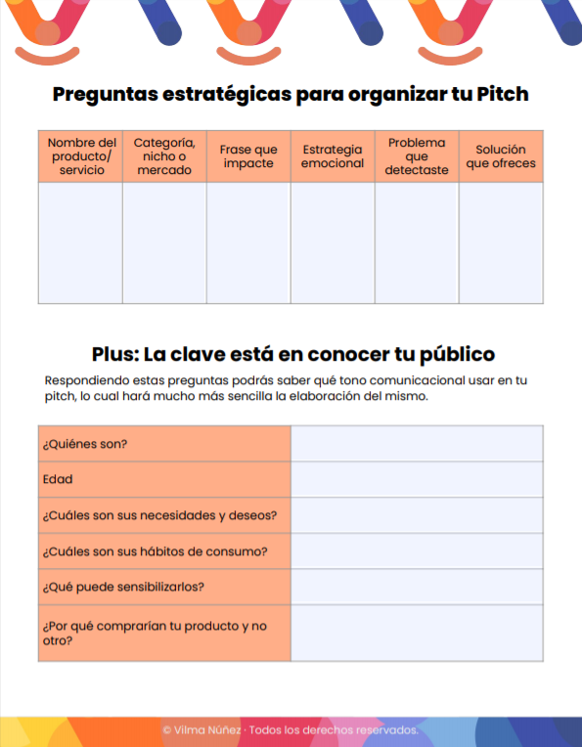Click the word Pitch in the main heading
pyautogui.click(x=503, y=95)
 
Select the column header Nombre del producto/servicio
pyautogui.click(x=81, y=156)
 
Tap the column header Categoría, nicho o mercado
pyautogui.click(x=164, y=156)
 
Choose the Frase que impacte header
pyautogui.click(x=248, y=156)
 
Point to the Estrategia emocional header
pyautogui.click(x=333, y=156)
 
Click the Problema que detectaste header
pyautogui.click(x=417, y=156)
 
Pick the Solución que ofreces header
pyautogui.click(x=501, y=156)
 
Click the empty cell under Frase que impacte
pyautogui.click(x=248, y=242)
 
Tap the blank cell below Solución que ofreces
pyautogui.click(x=501, y=242)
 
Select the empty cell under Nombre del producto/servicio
pyautogui.click(x=81, y=242)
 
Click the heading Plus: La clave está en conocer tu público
pyautogui.click(x=293, y=354)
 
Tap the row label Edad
pyautogui.click(x=58, y=480)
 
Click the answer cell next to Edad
pyautogui.click(x=417, y=480)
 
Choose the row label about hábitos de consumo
pyautogui.click(x=156, y=551)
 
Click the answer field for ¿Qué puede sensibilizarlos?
pyautogui.click(x=417, y=588)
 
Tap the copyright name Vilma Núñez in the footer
pyautogui.click(x=204, y=730)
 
